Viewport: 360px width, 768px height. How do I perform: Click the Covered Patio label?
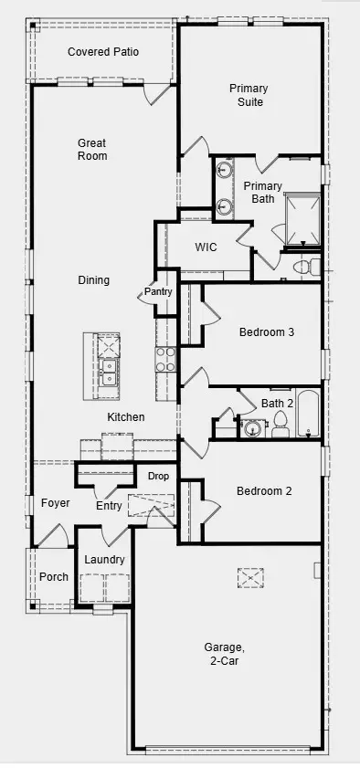tap(103, 52)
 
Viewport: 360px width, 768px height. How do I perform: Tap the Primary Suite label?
tap(249, 95)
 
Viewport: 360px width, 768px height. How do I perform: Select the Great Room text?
tap(92, 150)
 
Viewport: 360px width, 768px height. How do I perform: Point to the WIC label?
tap(206, 247)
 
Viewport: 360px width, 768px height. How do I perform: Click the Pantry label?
tap(158, 292)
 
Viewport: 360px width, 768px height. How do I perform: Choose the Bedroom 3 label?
tap(267, 332)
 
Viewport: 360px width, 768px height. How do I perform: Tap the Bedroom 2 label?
tap(264, 490)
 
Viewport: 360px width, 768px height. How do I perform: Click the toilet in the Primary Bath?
tap(307, 267)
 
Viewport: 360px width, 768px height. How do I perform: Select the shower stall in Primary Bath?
tap(303, 219)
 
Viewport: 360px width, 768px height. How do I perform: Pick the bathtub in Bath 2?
tap(309, 413)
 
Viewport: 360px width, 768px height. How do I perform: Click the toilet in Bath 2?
tap(281, 424)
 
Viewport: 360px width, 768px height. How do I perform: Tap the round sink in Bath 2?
tap(253, 429)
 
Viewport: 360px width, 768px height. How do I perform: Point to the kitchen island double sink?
tap(107, 372)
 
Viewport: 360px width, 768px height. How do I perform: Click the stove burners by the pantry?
tap(166, 360)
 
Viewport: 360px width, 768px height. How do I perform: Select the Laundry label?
tap(104, 560)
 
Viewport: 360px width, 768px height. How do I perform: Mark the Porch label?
tap(54, 577)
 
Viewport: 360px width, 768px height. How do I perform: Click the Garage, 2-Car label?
tap(225, 654)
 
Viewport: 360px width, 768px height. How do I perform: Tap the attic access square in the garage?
tap(250, 578)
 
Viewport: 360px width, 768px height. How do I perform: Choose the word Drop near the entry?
tap(158, 476)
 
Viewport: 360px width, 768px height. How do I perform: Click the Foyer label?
tap(56, 503)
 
